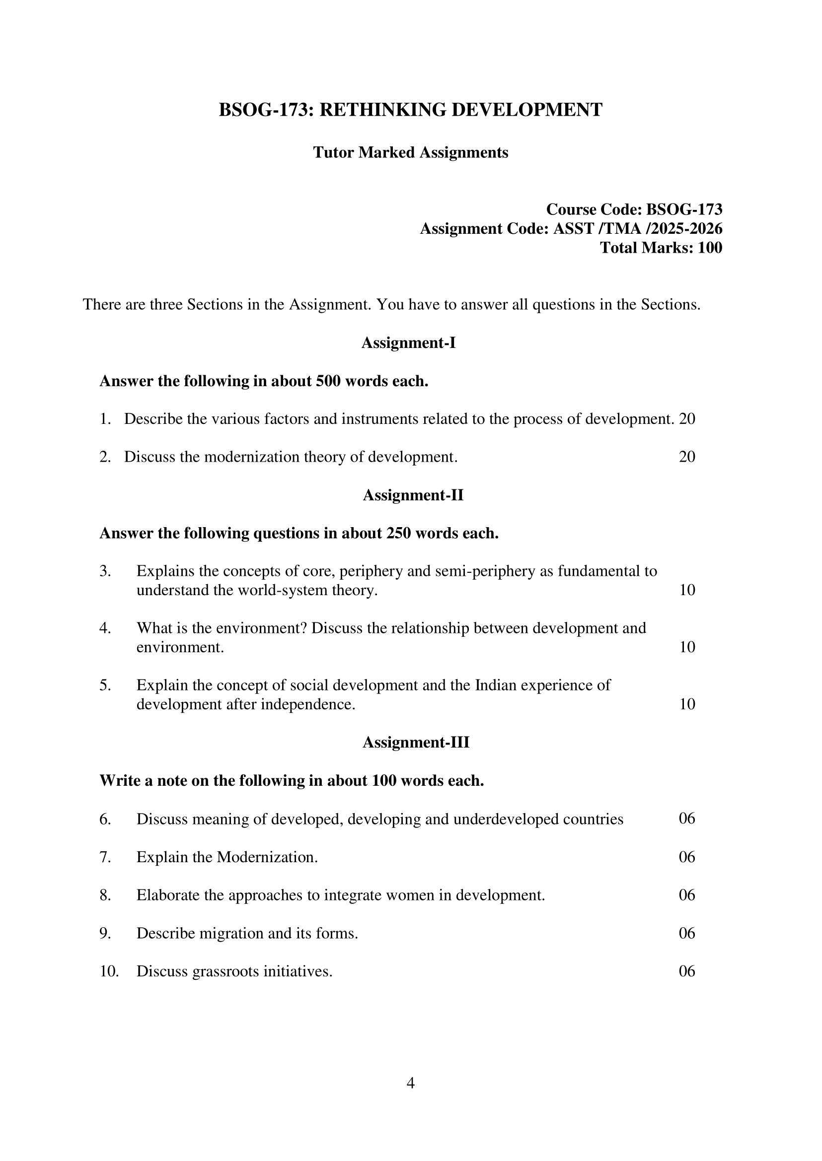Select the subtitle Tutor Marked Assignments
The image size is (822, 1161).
(x=410, y=152)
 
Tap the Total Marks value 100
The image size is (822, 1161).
(x=710, y=248)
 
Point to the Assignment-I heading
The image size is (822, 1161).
(x=408, y=343)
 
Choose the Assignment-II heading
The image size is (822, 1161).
(x=413, y=495)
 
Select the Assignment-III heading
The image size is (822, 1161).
(x=416, y=742)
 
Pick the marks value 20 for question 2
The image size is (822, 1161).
(x=687, y=457)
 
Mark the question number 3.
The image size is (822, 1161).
(x=105, y=571)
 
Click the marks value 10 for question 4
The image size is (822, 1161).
(x=687, y=647)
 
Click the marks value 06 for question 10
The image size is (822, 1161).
(x=687, y=971)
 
